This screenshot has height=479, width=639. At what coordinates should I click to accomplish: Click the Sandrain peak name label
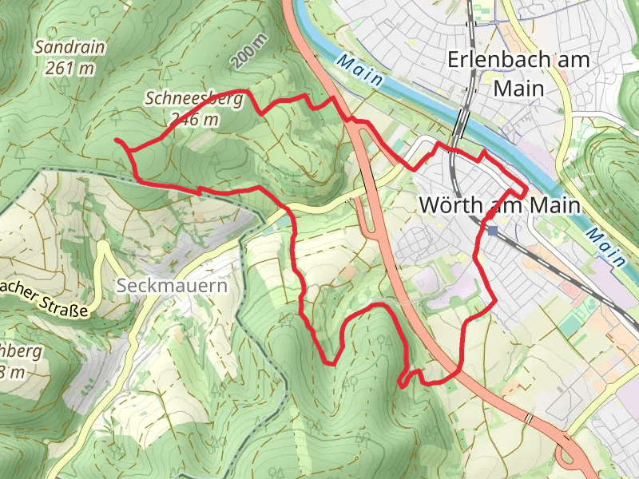[x=69, y=48]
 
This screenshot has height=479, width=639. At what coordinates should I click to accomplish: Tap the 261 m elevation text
[x=69, y=69]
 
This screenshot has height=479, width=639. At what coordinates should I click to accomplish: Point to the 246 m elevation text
[x=194, y=119]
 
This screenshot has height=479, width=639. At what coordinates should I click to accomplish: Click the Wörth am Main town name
[x=498, y=205]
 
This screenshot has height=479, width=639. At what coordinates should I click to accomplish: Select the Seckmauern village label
[x=171, y=285]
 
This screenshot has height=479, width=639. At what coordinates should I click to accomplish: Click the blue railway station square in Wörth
[x=493, y=230]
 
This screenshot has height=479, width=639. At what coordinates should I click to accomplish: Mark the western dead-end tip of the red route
[x=117, y=141]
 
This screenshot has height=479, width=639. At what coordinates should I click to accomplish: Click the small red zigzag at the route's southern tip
[x=406, y=380]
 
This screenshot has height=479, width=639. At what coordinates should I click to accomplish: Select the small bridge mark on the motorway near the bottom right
[x=528, y=418]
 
